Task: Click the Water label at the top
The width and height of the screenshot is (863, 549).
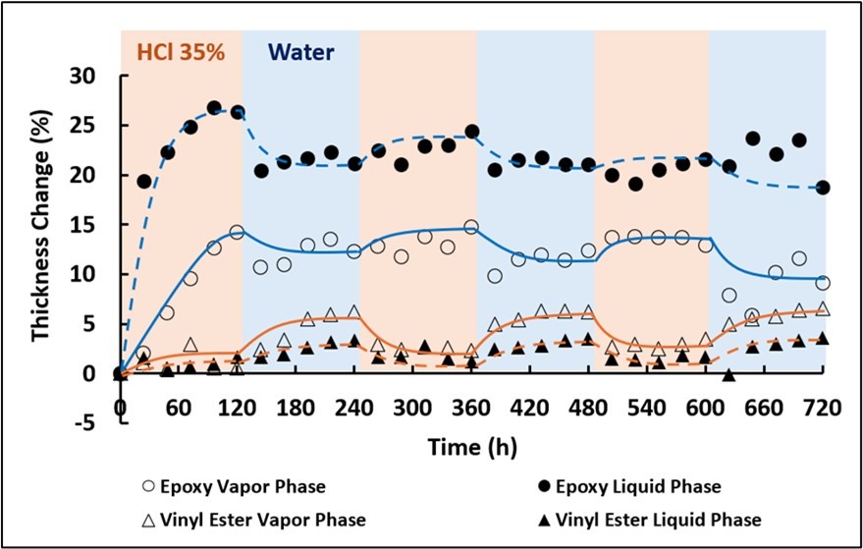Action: [x=301, y=50]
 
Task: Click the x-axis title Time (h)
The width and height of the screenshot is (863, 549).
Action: [x=471, y=447]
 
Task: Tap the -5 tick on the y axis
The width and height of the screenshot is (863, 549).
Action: [x=90, y=423]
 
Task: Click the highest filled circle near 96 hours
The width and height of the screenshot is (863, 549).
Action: [x=214, y=108]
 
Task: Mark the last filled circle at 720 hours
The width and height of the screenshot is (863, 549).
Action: [x=823, y=188]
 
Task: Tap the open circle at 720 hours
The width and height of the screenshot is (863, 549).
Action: [x=823, y=283]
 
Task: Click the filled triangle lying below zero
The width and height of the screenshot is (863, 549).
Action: [x=728, y=376]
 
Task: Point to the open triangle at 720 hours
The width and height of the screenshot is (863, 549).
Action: [x=823, y=309]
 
